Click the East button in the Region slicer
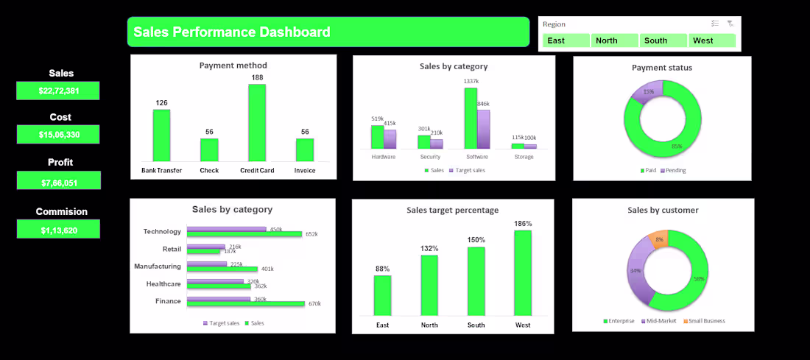pyautogui.click(x=566, y=40)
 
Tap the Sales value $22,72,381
pyautogui.click(x=58, y=91)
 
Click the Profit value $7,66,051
pyautogui.click(x=58, y=180)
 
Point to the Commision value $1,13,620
pyautogui.click(x=58, y=230)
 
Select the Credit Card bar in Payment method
pyautogui.click(x=257, y=123)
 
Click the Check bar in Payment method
pyautogui.click(x=209, y=150)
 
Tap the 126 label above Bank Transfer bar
pyautogui.click(x=161, y=103)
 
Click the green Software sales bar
pyautogui.click(x=471, y=119)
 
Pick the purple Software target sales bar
pyautogui.click(x=483, y=130)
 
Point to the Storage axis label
pyautogui.click(x=524, y=157)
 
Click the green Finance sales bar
pyautogui.click(x=245, y=303)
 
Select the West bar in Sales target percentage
pyautogui.click(x=523, y=272)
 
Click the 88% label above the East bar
pyautogui.click(x=382, y=269)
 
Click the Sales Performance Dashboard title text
pyautogui.click(x=232, y=32)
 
